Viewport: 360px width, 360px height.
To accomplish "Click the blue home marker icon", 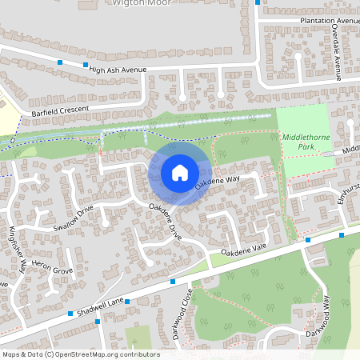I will pos(180,173).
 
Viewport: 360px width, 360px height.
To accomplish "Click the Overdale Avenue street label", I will pos(337,52).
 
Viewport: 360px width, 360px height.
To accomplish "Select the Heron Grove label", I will pos(51,269).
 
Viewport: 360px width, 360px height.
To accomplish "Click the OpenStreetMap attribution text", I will pos(81,354).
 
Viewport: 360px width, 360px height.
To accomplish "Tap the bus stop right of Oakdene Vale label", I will pos(307,239).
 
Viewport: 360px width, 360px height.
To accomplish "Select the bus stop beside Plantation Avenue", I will pos(258,2).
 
